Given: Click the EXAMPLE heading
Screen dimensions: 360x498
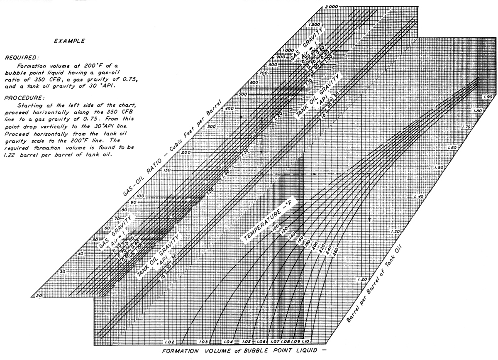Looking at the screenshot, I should point(70,41).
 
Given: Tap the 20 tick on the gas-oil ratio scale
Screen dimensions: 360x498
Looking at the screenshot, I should point(39,295).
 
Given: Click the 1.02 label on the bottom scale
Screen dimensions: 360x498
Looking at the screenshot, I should point(169,342).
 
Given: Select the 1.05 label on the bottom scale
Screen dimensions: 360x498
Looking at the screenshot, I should point(246,342).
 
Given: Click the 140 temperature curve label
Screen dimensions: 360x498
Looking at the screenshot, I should point(292,235).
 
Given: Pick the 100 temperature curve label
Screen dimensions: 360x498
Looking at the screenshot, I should point(275,228).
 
